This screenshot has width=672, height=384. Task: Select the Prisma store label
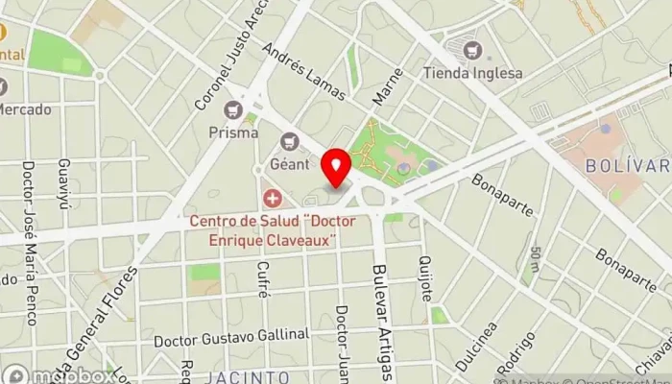(x=232, y=132)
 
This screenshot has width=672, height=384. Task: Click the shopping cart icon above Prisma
(x=232, y=111)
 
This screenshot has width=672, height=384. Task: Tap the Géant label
(x=290, y=164)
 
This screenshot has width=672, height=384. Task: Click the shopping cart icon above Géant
(x=290, y=143)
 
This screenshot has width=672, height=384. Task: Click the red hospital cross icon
(x=274, y=199)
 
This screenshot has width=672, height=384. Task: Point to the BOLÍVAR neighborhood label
(x=628, y=165)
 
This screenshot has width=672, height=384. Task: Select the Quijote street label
(x=423, y=278)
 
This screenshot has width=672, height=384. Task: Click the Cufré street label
(x=263, y=282)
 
